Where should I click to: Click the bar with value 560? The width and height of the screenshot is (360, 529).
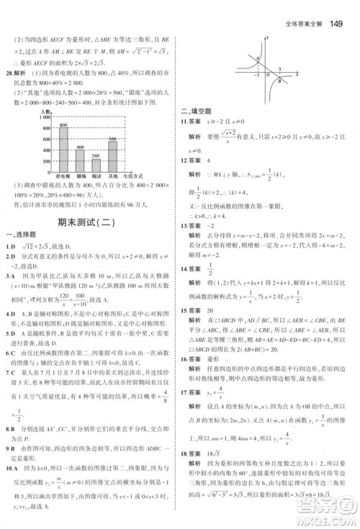pyautogui.click(x=113, y=155)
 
